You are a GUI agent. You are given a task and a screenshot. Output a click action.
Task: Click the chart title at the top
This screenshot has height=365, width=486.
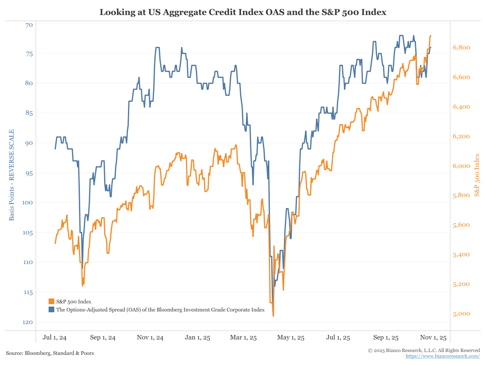(x=243, y=12)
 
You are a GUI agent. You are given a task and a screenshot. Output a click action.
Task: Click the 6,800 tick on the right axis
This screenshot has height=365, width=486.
(x=461, y=47)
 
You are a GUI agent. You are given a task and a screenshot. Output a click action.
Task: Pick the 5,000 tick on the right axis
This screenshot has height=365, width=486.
(x=461, y=314)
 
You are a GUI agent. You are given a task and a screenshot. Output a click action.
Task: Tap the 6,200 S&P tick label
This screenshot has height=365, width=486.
(x=461, y=136)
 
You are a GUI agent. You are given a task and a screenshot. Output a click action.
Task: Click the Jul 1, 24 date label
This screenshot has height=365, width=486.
(x=55, y=337)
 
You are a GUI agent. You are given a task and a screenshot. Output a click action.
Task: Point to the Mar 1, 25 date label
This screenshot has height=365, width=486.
(x=244, y=337)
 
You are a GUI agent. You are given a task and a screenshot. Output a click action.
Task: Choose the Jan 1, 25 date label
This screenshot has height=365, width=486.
(x=197, y=337)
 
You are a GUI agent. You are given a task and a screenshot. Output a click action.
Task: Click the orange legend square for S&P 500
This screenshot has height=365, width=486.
(x=51, y=301)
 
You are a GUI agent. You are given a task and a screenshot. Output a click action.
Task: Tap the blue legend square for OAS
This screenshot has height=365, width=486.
(x=51, y=309)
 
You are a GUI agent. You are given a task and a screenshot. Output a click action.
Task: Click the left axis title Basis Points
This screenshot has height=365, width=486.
(x=12, y=175)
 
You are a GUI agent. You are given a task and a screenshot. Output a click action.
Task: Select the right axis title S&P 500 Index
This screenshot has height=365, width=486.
(x=477, y=175)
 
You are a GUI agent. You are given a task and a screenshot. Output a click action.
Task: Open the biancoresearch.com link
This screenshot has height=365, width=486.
(x=443, y=356)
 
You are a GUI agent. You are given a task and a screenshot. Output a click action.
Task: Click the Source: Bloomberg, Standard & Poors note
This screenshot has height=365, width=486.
(x=50, y=353)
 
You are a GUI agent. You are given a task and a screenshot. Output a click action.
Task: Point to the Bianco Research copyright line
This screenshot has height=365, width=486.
(x=424, y=350)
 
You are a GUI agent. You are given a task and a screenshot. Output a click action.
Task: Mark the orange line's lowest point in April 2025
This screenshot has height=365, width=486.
(x=273, y=316)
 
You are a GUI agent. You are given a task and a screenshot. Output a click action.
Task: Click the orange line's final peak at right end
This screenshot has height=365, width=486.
(x=431, y=36)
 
